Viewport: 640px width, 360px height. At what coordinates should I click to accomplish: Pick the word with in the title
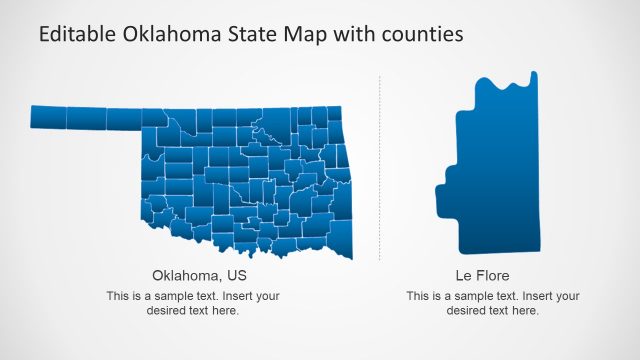(356, 34)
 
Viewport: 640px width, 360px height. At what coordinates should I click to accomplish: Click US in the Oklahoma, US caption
(236, 275)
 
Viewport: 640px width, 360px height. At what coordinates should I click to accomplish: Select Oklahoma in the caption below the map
(185, 275)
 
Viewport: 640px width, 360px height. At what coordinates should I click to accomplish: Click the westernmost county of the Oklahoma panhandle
(49, 118)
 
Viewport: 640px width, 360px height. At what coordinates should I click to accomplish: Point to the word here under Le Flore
(526, 311)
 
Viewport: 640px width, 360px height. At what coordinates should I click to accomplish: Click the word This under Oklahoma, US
(117, 296)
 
